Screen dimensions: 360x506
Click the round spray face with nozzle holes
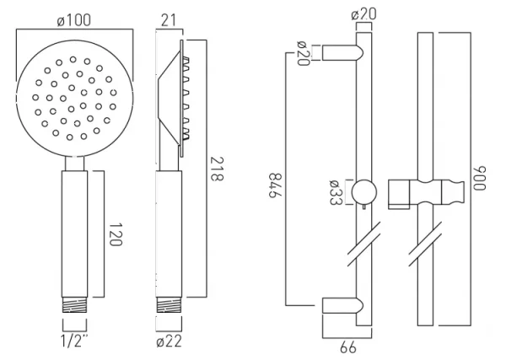pos(74,97)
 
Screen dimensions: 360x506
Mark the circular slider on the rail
pos(363,192)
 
